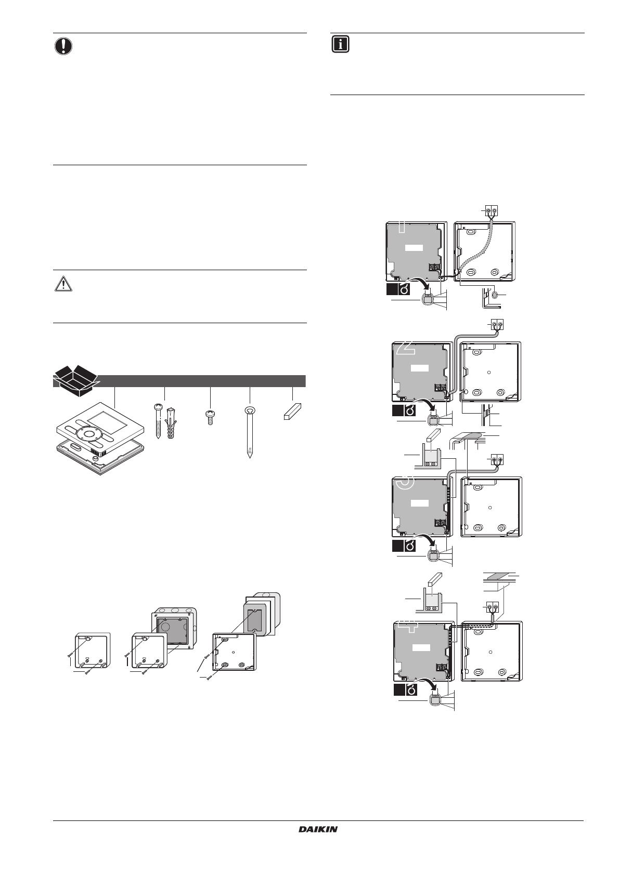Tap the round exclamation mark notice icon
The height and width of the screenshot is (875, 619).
(63, 46)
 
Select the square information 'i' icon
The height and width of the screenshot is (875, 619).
(340, 44)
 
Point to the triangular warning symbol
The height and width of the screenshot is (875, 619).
(63, 284)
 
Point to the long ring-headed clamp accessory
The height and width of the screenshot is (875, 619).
(250, 432)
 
